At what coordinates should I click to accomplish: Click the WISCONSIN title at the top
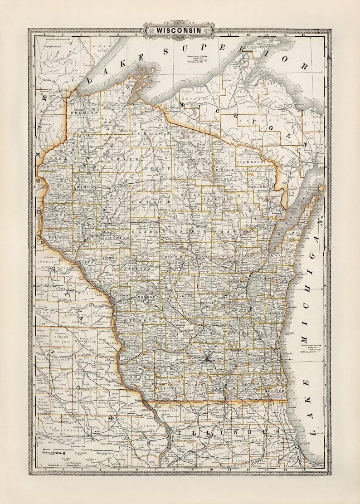pyautogui.click(x=180, y=30)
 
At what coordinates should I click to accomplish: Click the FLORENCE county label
pyautogui.click(x=249, y=161)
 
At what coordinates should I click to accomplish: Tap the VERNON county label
pyautogui.click(x=141, y=320)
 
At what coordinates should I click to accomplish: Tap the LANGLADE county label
pyautogui.click(x=219, y=199)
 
